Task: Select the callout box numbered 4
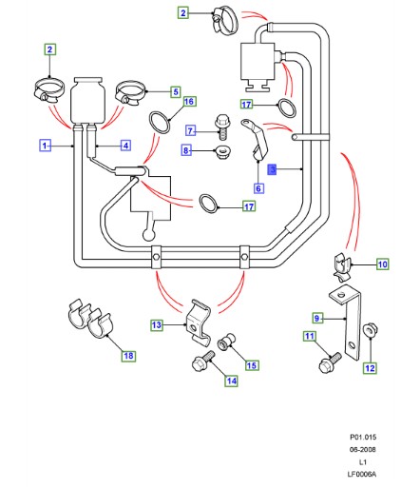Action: click(124, 145)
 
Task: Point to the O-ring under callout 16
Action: click(161, 121)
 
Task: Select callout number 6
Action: click(258, 188)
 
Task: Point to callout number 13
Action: click(157, 325)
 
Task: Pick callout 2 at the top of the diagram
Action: click(183, 13)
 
